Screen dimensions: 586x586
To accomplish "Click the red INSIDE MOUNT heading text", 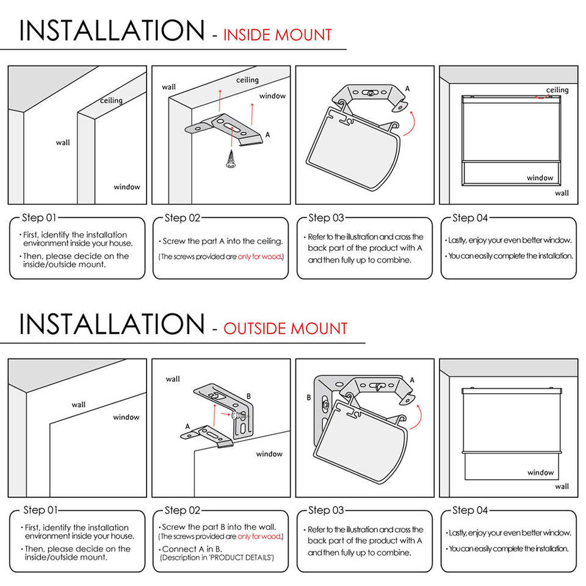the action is [278, 35].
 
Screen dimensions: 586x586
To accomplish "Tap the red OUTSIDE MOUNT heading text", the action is [286, 328].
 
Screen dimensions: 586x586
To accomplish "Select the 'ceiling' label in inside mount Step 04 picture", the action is [557, 90].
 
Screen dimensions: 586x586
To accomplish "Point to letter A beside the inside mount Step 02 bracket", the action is [267, 134].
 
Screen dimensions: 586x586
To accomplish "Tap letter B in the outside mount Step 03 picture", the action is [309, 397].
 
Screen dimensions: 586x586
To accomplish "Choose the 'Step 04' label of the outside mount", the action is [470, 510].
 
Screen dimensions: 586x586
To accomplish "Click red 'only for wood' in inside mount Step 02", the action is [260, 257].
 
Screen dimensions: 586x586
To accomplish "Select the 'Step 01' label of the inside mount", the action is [39, 218].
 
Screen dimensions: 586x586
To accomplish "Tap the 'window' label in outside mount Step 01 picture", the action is [126, 418].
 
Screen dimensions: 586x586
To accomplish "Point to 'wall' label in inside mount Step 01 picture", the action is [63, 143].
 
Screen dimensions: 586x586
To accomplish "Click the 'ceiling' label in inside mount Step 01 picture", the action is [111, 100].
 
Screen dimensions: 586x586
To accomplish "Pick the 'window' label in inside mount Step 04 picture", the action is [540, 178].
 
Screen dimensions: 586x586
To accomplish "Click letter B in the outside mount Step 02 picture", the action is [248, 396].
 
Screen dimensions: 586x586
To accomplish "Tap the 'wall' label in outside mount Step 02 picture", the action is [173, 379].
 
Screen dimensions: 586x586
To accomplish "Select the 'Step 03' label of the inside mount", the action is [326, 218].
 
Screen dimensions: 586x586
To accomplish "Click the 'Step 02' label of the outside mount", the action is [183, 510].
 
